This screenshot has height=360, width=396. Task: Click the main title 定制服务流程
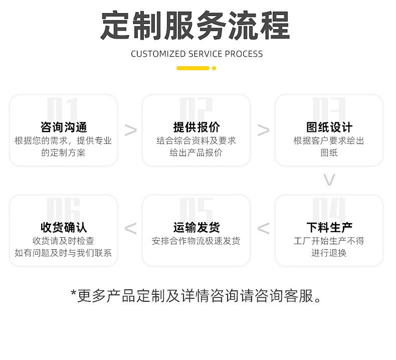coord(195,26)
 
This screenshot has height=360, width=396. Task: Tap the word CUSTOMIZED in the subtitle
coord(158,54)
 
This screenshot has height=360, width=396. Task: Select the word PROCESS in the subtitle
coord(244,54)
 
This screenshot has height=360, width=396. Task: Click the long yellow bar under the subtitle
coord(193,68)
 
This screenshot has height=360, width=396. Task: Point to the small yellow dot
coord(214,68)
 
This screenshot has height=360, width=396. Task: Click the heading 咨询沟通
coord(64,127)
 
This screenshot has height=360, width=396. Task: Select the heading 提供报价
coord(196,127)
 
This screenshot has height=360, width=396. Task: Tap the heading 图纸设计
coord(329,127)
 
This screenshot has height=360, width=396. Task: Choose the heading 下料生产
coord(329,227)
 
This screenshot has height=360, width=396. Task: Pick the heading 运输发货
coord(196,227)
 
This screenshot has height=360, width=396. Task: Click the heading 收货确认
coord(64,227)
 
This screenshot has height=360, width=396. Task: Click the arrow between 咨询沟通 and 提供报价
coord(131,130)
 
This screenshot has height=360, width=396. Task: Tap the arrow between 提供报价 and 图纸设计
coord(264,130)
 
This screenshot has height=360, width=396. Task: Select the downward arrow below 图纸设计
coord(329,179)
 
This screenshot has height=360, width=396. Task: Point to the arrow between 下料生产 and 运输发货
coord(263,228)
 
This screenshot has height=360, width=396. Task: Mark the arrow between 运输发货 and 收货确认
coord(130,228)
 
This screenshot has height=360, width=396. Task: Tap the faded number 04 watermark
coord(329,209)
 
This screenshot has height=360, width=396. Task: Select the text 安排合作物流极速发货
coord(196,241)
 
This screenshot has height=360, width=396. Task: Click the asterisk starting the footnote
coord(74,293)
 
